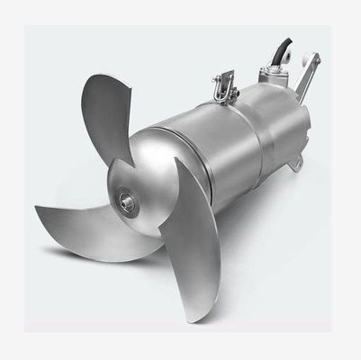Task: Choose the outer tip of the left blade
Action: pyautogui.click(x=38, y=212)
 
